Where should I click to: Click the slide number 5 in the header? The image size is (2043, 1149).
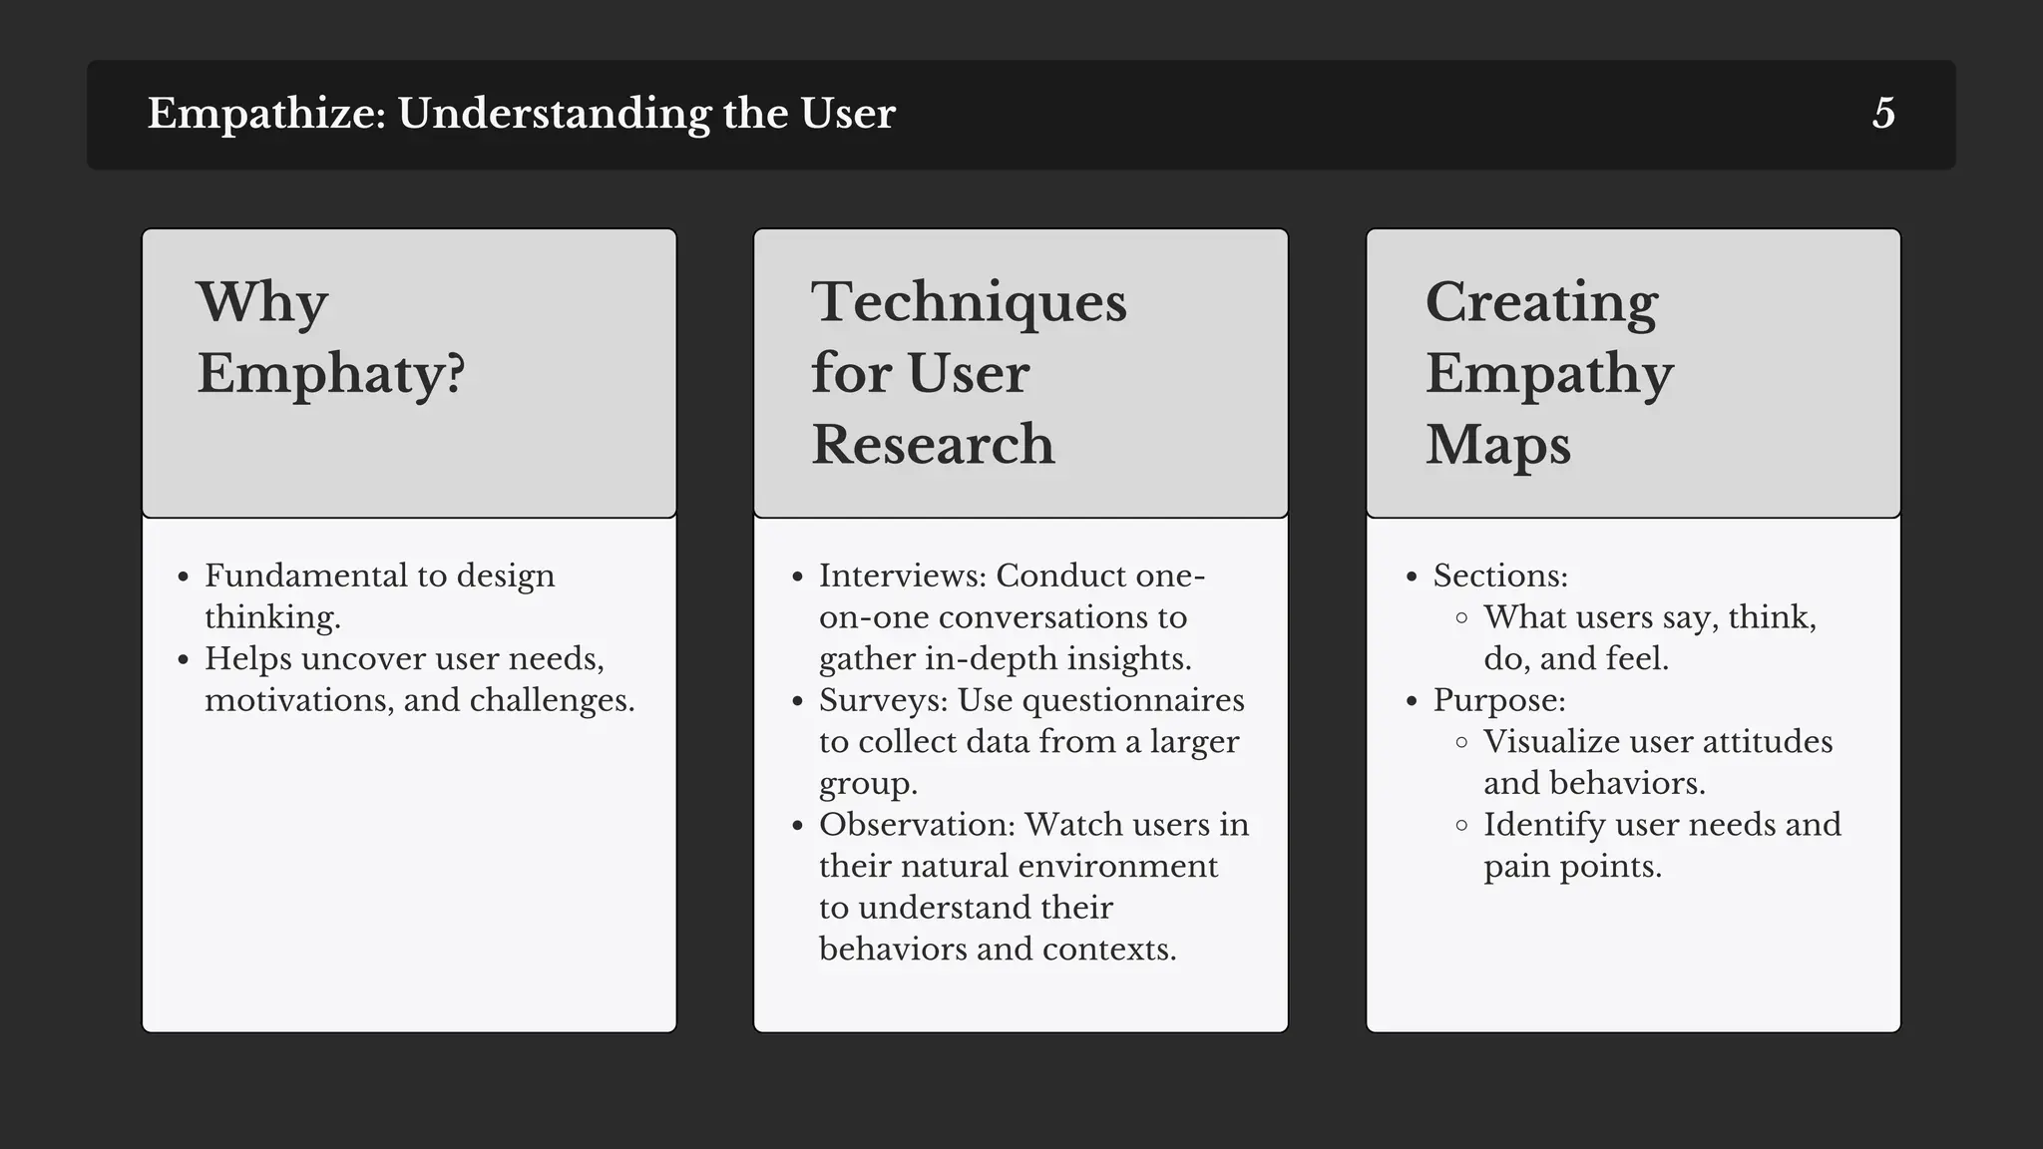(1883, 114)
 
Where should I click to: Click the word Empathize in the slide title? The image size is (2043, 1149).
(265, 114)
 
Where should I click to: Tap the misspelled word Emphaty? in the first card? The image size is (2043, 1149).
(330, 375)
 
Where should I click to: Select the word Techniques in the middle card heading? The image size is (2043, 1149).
(969, 302)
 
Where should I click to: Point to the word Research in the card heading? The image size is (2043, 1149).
(933, 445)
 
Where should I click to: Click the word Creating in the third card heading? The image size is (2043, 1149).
(1541, 302)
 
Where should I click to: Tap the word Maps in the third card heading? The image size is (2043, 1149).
(1497, 445)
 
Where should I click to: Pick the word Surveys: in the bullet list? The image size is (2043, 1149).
(883, 700)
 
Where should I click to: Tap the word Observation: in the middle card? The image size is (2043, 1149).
(917, 825)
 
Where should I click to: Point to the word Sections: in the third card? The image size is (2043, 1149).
(1500, 575)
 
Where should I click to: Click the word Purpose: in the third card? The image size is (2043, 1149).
(1499, 700)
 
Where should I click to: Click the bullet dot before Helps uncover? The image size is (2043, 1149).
(183, 659)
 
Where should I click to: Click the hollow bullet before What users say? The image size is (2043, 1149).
(1461, 617)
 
